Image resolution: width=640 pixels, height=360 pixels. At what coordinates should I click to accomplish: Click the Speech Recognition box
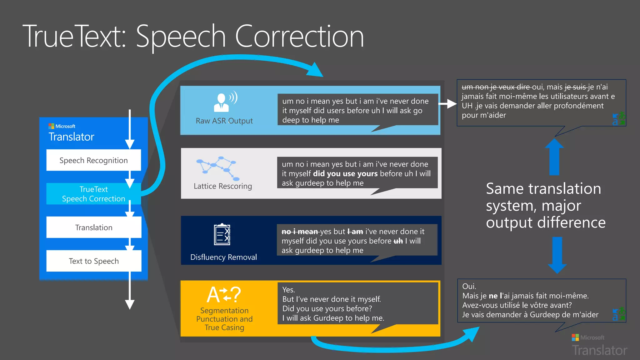tap(93, 160)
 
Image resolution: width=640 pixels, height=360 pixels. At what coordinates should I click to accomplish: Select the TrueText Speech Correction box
tap(93, 194)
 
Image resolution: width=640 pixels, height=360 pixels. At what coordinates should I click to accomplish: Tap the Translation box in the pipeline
tap(93, 227)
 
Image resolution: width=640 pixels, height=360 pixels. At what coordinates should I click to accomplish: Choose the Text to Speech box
tap(93, 261)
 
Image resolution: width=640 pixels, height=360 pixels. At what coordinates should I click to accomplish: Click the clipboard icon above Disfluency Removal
tap(222, 234)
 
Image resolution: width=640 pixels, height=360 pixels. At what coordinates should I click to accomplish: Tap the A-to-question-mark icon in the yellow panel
tap(224, 294)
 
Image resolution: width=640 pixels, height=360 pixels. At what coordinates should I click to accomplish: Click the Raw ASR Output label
tap(224, 121)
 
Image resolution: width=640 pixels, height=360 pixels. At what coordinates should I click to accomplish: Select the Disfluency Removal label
tap(223, 257)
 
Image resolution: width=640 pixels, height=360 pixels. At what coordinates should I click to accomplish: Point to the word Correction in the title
tap(299, 37)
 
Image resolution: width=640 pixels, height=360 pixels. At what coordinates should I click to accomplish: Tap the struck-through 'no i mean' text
tap(299, 232)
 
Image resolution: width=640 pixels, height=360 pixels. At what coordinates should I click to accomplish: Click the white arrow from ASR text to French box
tap(447, 104)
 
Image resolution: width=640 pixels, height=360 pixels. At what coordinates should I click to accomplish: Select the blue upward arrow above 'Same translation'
tap(554, 156)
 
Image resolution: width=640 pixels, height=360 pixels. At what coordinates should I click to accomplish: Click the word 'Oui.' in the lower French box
tap(469, 286)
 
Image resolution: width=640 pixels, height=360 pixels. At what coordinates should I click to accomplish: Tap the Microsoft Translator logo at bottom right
tap(599, 346)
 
